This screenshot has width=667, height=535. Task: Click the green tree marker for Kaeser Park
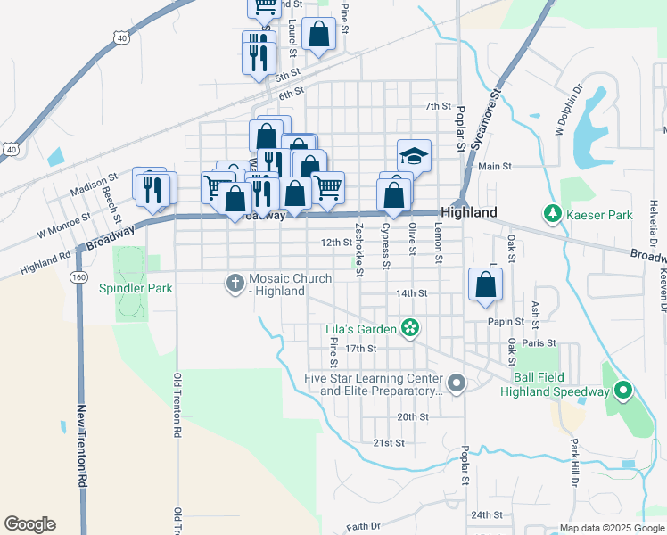553,214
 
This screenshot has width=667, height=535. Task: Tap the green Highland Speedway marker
624,391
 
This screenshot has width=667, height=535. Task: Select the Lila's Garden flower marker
409,329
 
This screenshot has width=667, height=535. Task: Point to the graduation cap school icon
414,155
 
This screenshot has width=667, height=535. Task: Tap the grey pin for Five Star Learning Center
457,383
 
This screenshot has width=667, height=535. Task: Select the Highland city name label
469,213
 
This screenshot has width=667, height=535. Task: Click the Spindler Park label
136,288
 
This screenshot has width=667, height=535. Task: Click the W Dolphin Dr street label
568,111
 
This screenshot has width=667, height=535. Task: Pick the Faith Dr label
363,525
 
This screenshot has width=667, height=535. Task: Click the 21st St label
389,443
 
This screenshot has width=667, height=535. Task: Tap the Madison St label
95,181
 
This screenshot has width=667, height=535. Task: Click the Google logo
29,524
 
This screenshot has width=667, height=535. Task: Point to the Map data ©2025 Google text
611,528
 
